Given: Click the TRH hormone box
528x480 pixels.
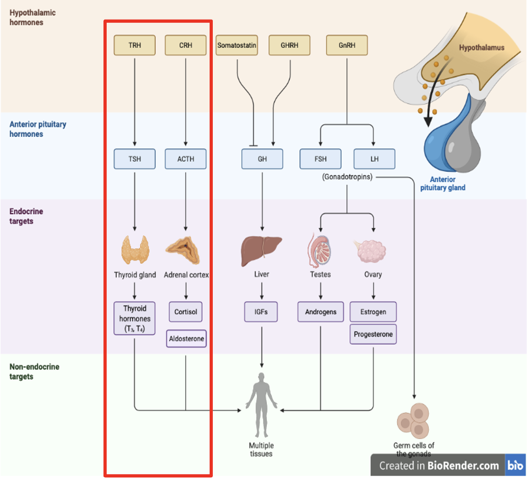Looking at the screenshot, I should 135,46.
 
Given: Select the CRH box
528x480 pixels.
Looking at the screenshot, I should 186,46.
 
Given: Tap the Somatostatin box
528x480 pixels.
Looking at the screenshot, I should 237,46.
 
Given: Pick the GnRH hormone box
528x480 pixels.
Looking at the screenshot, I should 347,46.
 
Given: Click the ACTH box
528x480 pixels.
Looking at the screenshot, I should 186,159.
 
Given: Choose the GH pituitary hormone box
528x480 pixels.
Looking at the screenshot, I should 262,159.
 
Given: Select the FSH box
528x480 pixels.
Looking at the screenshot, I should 321,159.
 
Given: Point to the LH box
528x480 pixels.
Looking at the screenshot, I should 374,159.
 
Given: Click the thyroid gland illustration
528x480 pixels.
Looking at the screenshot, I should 135,250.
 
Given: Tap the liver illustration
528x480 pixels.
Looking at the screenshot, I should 262,250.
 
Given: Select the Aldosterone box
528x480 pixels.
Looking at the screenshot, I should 186,338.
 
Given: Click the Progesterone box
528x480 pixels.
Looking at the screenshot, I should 373,335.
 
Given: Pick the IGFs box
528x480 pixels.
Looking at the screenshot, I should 261,312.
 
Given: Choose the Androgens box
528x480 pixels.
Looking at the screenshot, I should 321,312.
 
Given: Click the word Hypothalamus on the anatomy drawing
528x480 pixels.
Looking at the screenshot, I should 482,48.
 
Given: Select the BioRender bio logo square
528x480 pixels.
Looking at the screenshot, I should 515,465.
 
